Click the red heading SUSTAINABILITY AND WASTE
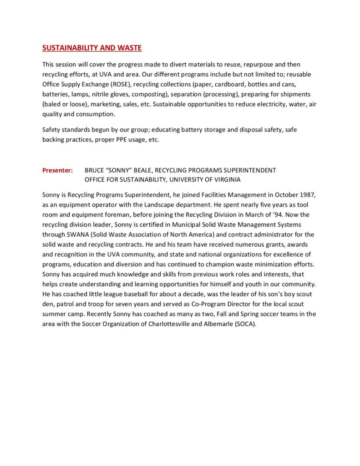[x=92, y=48]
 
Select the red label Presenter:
[x=57, y=170]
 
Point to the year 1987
[x=307, y=195]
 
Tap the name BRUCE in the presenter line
[x=94, y=170]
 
